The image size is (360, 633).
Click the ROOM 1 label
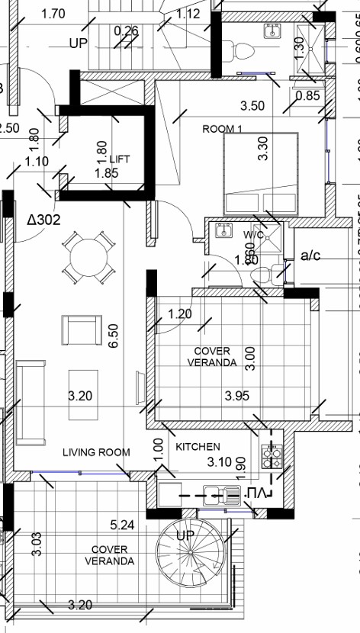pos(222,129)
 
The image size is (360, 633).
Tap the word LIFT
pos(120,159)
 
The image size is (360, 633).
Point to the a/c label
pos(310,255)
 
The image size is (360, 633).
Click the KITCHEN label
pos(198,446)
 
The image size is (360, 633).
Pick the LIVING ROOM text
pos(96,452)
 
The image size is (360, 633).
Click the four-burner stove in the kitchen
pos(270,455)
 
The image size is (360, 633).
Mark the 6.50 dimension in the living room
pos(113,336)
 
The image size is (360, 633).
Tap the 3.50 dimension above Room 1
pos(252,106)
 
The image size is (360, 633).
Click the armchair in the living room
pos(81,329)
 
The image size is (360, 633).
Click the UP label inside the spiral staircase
pos(185,535)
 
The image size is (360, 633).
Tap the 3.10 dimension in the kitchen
pos(220,461)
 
